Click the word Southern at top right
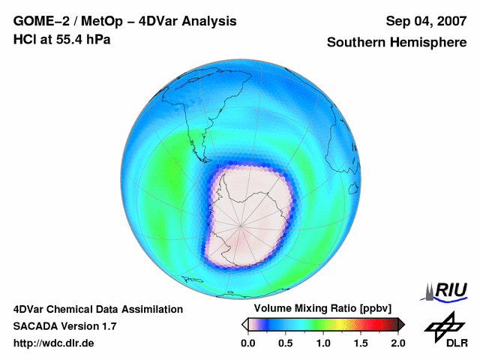click(355, 43)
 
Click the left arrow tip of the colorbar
click(244, 324)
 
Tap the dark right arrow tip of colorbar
click(401, 324)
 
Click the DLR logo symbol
click(445, 325)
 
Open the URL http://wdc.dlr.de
click(54, 343)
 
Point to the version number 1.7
click(108, 326)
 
